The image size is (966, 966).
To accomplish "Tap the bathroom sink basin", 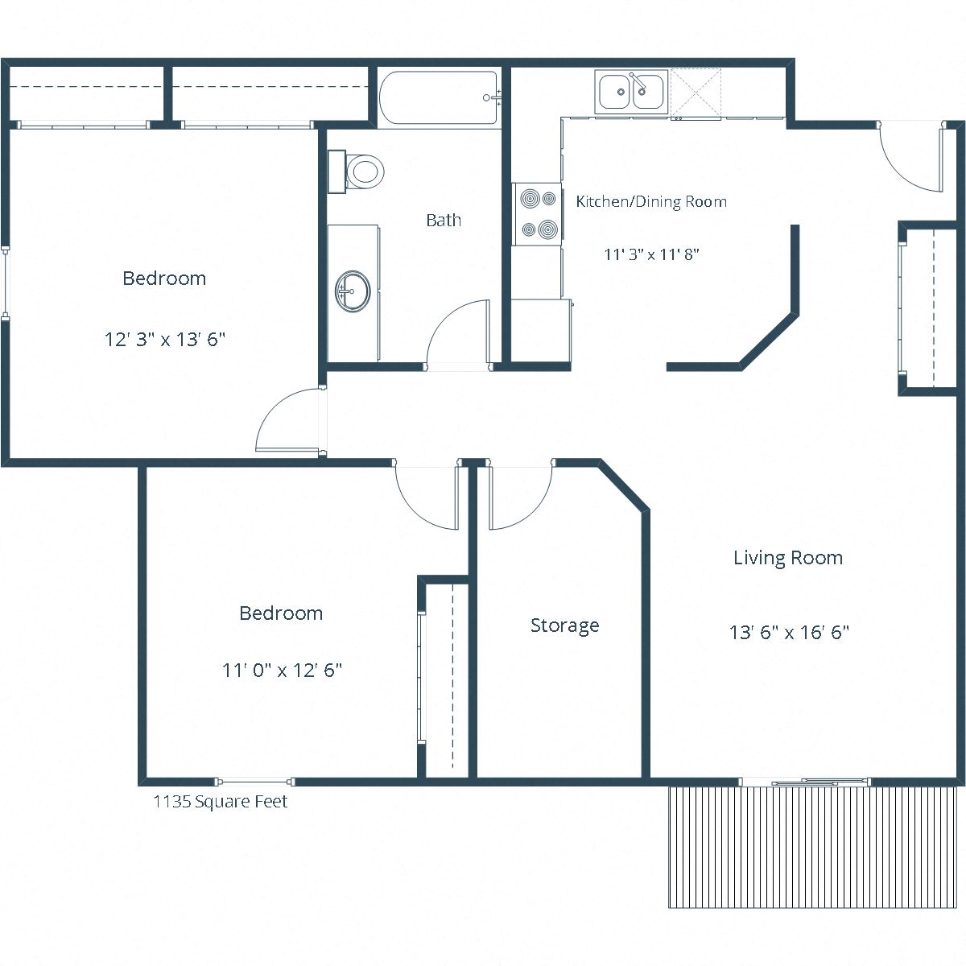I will coord(353,290).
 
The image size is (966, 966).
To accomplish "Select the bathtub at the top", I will coord(439,97).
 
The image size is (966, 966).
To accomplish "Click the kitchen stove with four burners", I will coord(538,213).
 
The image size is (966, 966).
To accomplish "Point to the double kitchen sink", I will coord(632,91).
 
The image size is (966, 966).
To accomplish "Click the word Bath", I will coord(444,220).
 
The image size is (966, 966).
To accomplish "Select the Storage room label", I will coord(564,625).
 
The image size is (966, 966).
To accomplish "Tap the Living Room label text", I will coord(787,558).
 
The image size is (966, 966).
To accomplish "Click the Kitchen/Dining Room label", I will coord(651,201).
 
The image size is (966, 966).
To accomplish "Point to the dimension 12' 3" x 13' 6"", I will coord(164,339).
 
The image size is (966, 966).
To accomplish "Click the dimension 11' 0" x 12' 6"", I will coord(282,670).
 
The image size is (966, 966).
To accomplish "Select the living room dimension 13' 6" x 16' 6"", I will coord(789,632).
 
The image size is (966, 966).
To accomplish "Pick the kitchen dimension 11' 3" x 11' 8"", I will coord(651,254).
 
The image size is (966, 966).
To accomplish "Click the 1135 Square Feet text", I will coord(220,802).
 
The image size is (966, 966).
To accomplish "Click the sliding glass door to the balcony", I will coord(805,782).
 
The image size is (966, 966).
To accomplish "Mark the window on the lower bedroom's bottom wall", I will coord(254,782).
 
